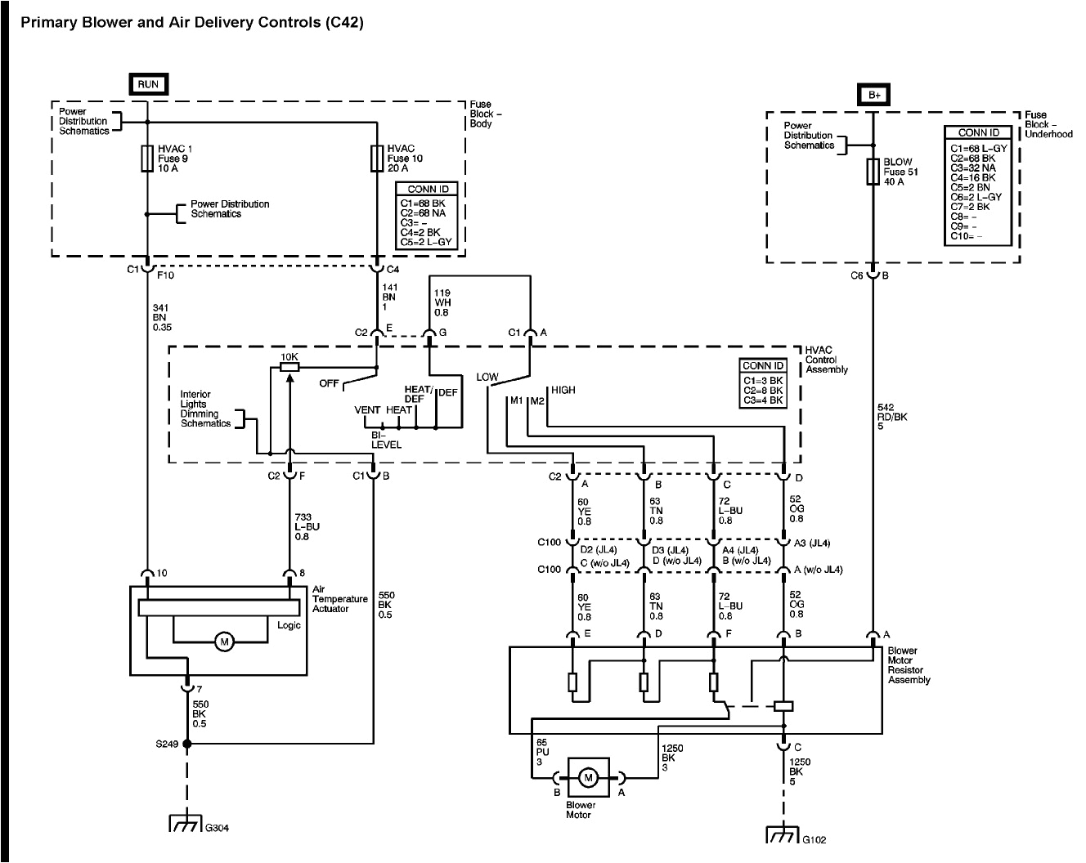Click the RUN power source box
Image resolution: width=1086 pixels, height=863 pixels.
pos(148,84)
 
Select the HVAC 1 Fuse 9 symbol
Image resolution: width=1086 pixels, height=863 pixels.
pos(148,159)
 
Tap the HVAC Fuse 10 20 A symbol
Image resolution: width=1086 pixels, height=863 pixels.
pos(376,158)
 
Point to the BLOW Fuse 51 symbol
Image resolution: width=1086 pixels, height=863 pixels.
pos(873,172)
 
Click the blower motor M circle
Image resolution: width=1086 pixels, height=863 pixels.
pos(587,778)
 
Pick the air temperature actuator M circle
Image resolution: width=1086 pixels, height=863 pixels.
pos(223,642)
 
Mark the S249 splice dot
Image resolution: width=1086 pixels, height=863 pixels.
pos(186,744)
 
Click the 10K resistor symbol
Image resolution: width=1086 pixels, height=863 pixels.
pos(289,368)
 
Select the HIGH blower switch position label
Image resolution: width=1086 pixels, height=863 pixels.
pos(563,390)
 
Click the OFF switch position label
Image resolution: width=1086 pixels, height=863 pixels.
pos(330,383)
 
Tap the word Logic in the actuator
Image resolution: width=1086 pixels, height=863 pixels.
pos(289,625)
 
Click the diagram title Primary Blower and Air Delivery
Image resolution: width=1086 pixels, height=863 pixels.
pos(191,23)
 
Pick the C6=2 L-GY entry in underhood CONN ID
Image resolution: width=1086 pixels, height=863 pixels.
pos(976,197)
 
